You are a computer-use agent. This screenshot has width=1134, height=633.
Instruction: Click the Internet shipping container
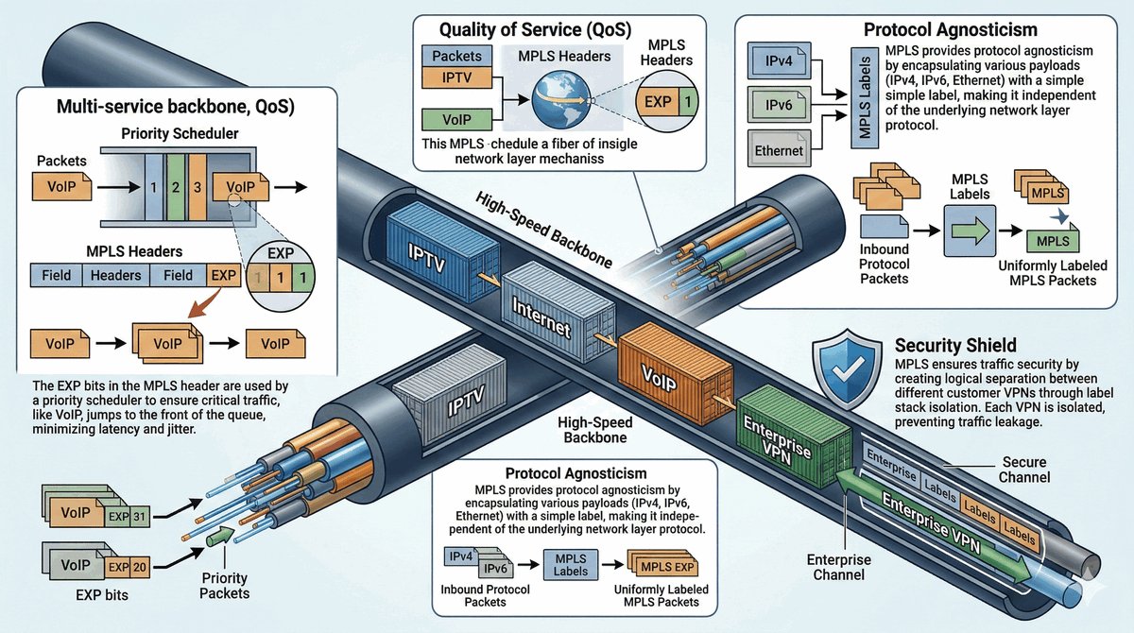pos(548,313)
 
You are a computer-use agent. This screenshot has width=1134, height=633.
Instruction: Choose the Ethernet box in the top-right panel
pos(780,149)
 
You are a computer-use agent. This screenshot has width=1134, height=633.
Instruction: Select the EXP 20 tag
pos(127,566)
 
